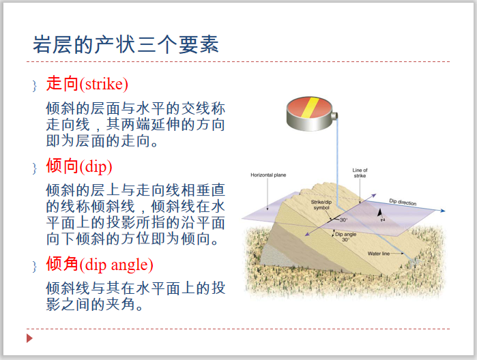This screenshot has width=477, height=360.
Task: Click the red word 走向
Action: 62,84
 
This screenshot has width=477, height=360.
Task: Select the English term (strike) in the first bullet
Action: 104,85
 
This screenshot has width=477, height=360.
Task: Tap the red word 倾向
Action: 62,167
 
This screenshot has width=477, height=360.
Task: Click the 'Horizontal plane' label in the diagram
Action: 268,175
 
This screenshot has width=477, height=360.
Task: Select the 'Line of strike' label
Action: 360,173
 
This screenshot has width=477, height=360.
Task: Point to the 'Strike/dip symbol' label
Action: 321,205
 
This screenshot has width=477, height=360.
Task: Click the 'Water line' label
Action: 378,254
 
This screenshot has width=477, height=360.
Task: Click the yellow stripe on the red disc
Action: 310,106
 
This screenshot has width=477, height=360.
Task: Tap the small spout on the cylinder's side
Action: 335,122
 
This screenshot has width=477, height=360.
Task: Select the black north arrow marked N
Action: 381,213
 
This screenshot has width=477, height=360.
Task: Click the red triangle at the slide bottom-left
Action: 29,339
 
